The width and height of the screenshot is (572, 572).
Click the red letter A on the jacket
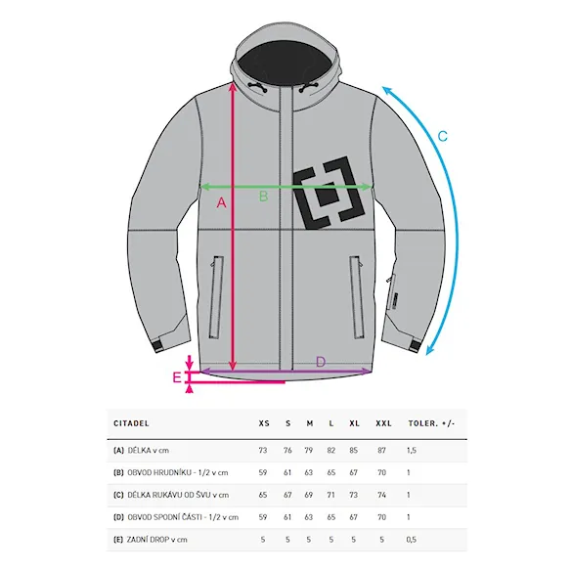coord(221,202)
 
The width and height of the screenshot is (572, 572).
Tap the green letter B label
coord(263,197)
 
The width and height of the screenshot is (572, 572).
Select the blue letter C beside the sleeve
coord(443,136)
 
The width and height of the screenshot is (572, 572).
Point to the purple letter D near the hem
coord(321,362)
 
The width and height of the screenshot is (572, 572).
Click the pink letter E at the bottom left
coord(177,377)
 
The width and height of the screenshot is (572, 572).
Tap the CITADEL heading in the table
coord(131,423)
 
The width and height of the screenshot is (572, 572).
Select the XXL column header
coord(383,423)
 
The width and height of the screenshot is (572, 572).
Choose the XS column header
coord(264,423)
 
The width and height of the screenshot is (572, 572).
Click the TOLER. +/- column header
coord(431,423)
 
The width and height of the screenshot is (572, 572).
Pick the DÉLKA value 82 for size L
coord(330,450)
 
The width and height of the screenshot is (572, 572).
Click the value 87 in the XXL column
coord(381,450)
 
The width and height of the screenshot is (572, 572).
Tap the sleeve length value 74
coord(381,495)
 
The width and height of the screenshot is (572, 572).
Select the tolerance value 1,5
coord(412,450)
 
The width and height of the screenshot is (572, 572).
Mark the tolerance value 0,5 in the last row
coord(411,539)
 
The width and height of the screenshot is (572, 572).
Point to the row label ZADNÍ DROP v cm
coord(156,539)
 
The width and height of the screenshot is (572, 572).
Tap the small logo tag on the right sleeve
coord(395,302)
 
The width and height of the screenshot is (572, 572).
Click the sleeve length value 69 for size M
coord(309,495)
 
